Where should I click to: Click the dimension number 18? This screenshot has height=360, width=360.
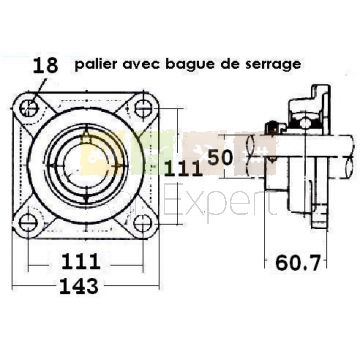point(45,65)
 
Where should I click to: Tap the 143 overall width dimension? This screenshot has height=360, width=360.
point(79,287)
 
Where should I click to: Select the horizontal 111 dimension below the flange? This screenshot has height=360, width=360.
point(81,262)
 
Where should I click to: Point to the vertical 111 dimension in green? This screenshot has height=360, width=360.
point(184,169)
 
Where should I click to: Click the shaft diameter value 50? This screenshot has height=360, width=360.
point(220,157)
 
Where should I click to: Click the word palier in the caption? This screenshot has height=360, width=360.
point(95,64)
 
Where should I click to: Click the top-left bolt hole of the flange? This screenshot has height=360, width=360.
point(29,108)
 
